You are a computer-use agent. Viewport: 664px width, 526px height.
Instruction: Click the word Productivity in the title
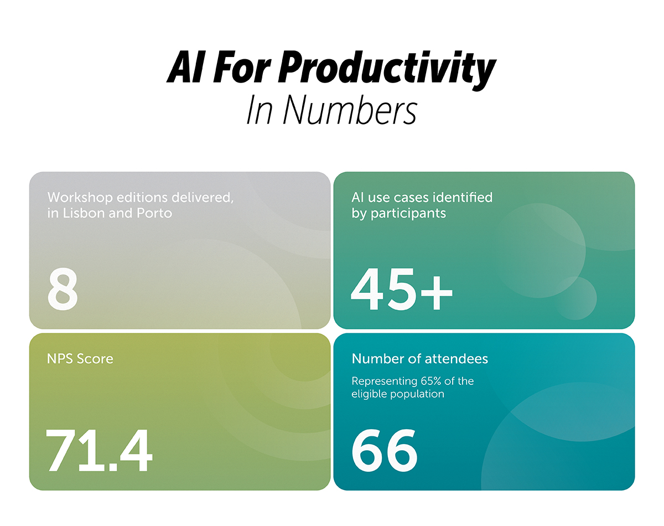(x=387, y=70)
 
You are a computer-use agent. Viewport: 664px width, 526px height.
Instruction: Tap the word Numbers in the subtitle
(x=350, y=110)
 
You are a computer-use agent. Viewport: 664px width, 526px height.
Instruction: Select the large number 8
(x=63, y=289)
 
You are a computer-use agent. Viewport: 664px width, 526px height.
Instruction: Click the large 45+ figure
(x=402, y=289)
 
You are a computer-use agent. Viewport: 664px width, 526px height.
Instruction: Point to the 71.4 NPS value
(x=98, y=450)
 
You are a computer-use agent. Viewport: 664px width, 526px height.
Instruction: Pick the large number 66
(x=385, y=450)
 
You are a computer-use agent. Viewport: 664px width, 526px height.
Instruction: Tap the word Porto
(x=154, y=213)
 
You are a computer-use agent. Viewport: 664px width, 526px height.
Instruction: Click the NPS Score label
(x=80, y=359)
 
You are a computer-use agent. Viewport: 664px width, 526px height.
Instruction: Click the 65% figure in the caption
(x=430, y=381)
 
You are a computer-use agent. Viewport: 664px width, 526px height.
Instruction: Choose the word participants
(x=408, y=214)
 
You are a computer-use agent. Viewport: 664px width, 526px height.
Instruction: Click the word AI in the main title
(x=185, y=68)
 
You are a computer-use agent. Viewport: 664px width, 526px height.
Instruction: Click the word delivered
(x=202, y=198)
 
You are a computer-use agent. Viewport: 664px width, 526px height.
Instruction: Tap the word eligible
(x=369, y=394)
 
